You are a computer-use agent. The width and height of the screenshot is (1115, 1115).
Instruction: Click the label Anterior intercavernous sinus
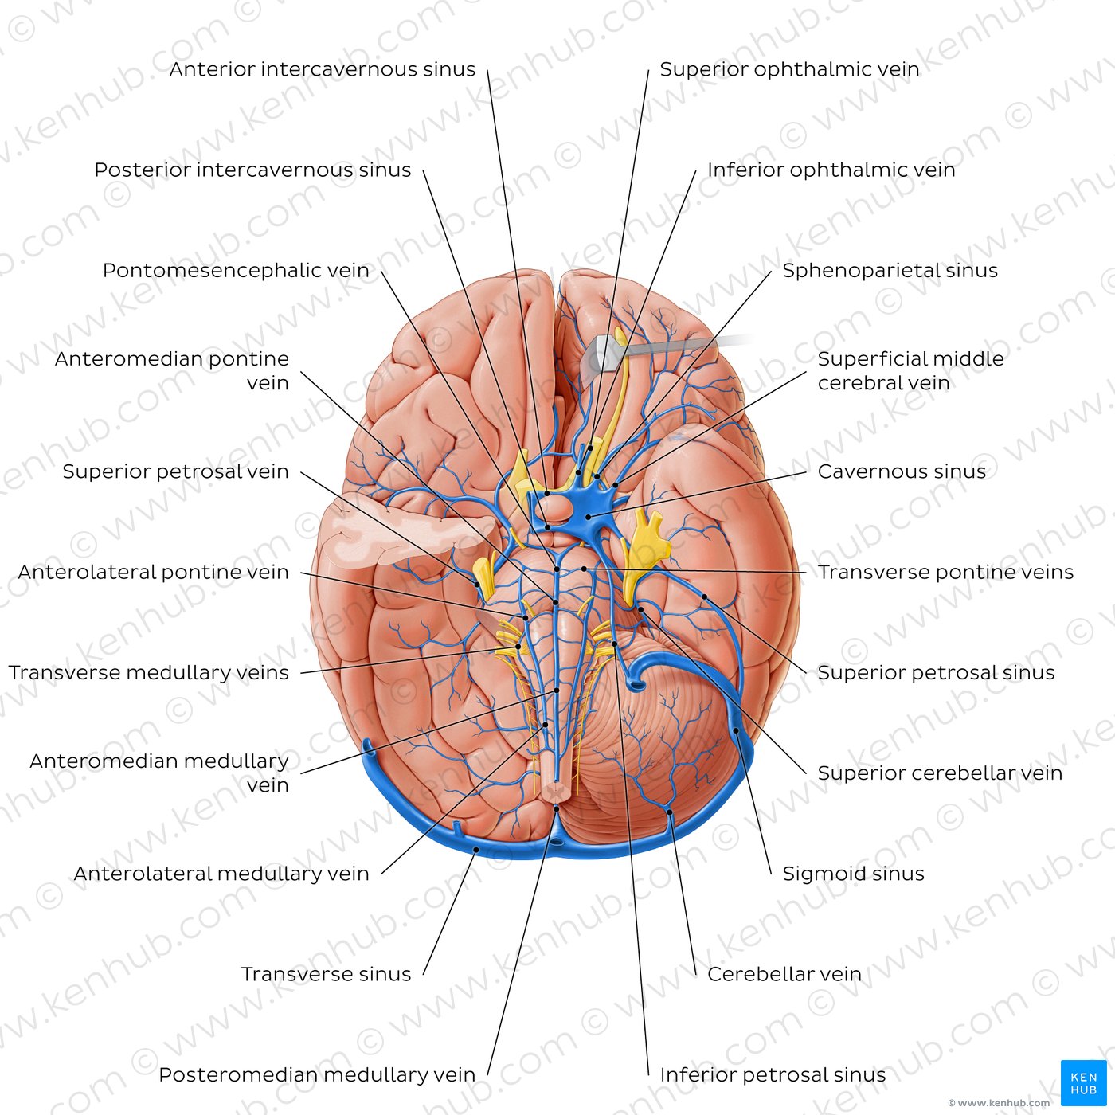[323, 69]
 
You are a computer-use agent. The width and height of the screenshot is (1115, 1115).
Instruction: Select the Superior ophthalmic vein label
[789, 69]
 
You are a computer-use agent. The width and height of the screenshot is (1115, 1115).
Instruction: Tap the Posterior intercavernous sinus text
[252, 170]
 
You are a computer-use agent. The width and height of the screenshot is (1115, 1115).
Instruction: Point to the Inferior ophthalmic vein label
[831, 170]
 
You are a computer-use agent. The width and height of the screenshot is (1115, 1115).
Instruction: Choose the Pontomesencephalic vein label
[236, 270]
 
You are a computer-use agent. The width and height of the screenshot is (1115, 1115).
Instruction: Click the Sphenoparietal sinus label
[890, 270]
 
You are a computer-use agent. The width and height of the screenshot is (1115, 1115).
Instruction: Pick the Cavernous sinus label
[902, 471]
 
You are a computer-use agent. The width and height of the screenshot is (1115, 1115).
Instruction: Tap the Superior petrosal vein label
[176, 471]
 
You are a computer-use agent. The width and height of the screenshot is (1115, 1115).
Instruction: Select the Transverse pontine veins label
[945, 573]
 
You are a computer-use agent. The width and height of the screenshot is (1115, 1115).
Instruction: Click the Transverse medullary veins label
[149, 672]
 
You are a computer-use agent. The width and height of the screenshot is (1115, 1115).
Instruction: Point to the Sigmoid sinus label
[854, 874]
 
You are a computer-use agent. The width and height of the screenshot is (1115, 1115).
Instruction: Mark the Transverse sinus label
[327, 974]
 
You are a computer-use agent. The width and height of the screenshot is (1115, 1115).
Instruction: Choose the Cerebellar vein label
[784, 974]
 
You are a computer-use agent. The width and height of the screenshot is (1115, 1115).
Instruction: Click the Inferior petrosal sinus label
[773, 1075]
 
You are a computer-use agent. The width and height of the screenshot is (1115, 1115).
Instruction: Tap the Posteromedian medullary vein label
[317, 1075]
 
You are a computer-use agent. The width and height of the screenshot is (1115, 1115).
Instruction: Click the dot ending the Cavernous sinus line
[588, 517]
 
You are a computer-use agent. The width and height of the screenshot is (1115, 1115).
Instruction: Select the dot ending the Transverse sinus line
[476, 850]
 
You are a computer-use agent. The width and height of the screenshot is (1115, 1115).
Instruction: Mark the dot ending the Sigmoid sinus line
[736, 731]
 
